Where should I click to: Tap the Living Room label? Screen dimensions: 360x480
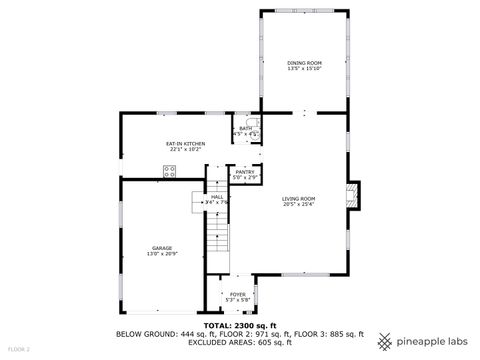pyautogui.click(x=298, y=198)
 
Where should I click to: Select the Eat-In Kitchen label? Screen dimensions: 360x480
pyautogui.click(x=186, y=144)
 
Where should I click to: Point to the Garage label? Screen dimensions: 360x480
pyautogui.click(x=162, y=247)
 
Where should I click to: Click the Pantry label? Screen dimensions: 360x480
pyautogui.click(x=244, y=172)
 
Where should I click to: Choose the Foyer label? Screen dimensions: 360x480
pyautogui.click(x=237, y=294)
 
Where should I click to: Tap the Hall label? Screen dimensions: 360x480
pyautogui.click(x=217, y=197)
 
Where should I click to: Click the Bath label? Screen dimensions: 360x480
pyautogui.click(x=245, y=128)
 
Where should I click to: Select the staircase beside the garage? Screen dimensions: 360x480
pyautogui.click(x=216, y=240)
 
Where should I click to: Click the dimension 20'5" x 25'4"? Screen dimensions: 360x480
pyautogui.click(x=298, y=205)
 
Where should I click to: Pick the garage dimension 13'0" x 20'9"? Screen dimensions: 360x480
pyautogui.click(x=162, y=253)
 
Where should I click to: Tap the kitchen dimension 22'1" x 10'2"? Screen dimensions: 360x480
pyautogui.click(x=186, y=150)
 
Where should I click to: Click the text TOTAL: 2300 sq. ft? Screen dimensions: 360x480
pyautogui.click(x=240, y=325)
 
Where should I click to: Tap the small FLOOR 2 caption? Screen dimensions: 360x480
pyautogui.click(x=18, y=349)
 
